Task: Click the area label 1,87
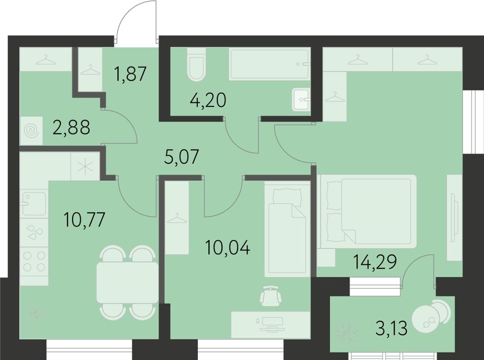tap(131, 73)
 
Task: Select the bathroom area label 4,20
tap(207, 100)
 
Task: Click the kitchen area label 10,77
tap(85, 220)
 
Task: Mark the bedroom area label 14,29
tap(375, 261)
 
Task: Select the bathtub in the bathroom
tap(269, 65)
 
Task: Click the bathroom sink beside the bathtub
tap(300, 99)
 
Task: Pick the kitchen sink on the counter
tap(33, 203)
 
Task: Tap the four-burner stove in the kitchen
tap(34, 261)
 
